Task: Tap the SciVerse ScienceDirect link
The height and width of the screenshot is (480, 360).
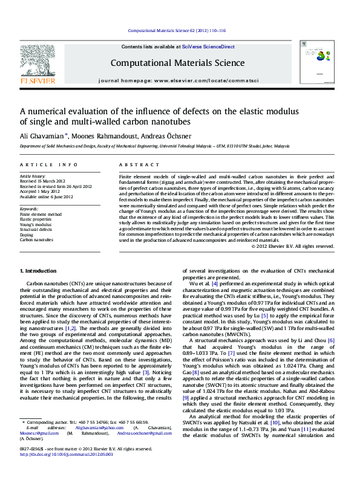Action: pos(211,47)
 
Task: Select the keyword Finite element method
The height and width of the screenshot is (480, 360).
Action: pos(41,214)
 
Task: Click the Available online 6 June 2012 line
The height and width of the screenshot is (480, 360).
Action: pos(47,197)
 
